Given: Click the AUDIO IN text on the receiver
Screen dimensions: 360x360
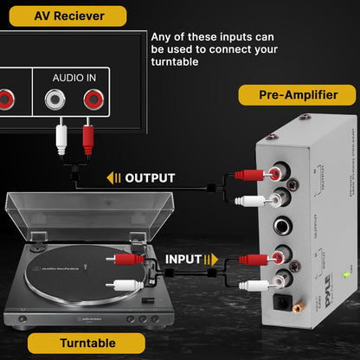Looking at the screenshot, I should pyautogui.click(x=74, y=77).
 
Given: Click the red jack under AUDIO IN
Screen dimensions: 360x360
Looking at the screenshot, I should pyautogui.click(x=91, y=100).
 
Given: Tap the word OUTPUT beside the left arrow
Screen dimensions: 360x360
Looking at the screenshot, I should pyautogui.click(x=150, y=178).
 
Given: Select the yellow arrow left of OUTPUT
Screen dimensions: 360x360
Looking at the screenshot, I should pyautogui.click(x=114, y=178).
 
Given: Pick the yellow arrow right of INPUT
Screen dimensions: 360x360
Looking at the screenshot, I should pyautogui.click(x=212, y=259).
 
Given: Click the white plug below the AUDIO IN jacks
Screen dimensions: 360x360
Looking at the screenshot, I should pyautogui.click(x=61, y=138).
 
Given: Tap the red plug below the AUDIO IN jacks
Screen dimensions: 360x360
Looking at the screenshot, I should pyautogui.click(x=87, y=138).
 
